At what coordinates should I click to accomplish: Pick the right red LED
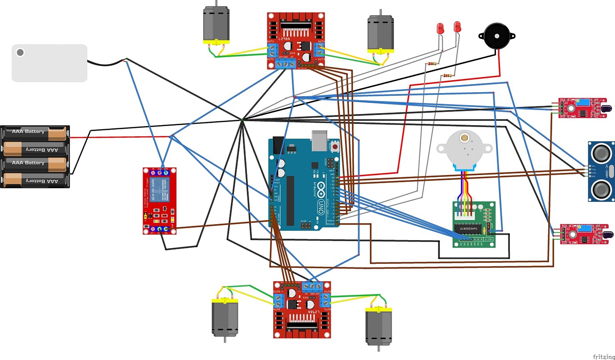(x=457, y=26)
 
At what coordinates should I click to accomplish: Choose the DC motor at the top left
(x=216, y=25)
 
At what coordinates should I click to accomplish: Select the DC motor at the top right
(x=380, y=34)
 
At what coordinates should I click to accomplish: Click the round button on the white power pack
(x=20, y=53)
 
